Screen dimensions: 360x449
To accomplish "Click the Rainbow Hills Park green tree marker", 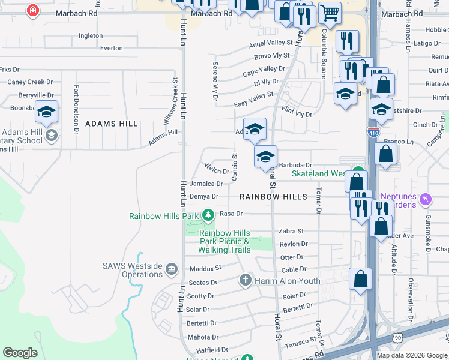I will coord(208,215).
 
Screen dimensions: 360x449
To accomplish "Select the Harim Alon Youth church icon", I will coord(245,280).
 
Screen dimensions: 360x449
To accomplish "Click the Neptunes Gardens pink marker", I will coord(426,199).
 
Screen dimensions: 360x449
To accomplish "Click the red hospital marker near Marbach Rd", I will coord(33,10).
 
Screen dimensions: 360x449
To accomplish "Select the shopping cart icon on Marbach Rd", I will coord(330,12).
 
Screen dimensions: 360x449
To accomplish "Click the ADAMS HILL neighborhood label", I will coord(112,124).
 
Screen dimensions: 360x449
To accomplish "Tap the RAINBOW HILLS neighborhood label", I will coord(273,197).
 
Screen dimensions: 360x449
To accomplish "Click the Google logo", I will coord(20,353).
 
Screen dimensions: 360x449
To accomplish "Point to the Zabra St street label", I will coord(292,231).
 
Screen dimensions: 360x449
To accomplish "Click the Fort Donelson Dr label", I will coord(77,108).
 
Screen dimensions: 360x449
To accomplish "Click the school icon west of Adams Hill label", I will coord(46,112).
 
